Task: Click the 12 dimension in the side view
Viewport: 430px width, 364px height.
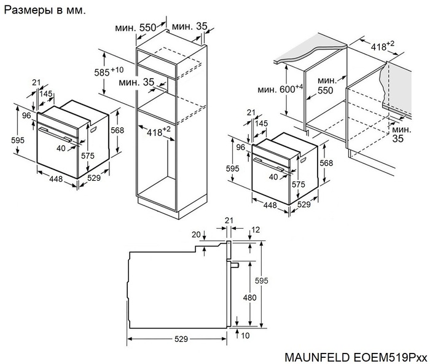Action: point(256,229)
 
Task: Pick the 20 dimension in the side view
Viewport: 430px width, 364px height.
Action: point(196,234)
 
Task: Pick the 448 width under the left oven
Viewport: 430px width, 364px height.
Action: point(55,180)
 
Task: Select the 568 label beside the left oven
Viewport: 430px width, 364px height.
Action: point(118,130)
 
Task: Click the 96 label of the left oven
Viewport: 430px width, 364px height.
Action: point(26,115)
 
